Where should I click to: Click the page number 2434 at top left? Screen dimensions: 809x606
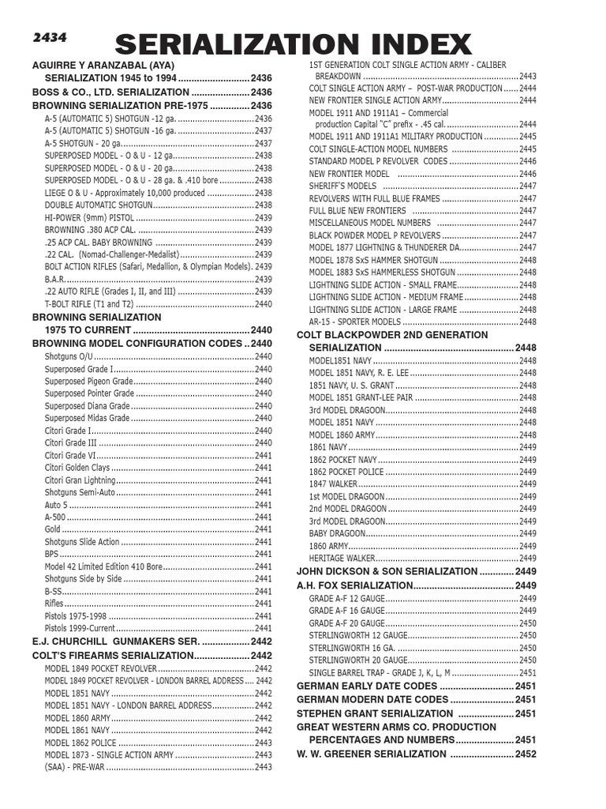click(x=49, y=37)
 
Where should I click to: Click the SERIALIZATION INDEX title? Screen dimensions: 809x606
click(x=294, y=45)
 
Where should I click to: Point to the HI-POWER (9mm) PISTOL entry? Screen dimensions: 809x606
click(x=89, y=217)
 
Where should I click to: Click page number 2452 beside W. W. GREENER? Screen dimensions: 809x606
click(x=525, y=754)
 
